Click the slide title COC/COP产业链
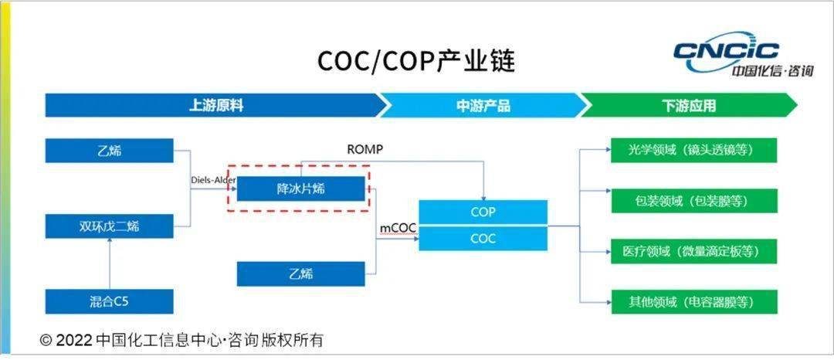[x=415, y=61]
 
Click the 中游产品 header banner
[x=483, y=106]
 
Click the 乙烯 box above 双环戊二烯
[x=109, y=151]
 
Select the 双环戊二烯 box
[x=109, y=226]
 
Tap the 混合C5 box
[x=109, y=301]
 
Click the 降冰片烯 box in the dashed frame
[x=300, y=188]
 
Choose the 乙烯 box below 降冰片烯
[x=300, y=273]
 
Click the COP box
[x=483, y=212]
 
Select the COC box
[x=483, y=239]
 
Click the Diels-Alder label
[x=213, y=180]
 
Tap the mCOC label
[x=397, y=229]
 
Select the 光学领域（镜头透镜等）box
[x=693, y=151]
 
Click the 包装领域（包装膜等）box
[x=693, y=201]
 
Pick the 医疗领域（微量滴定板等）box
[x=693, y=251]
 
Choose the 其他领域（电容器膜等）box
[x=693, y=301]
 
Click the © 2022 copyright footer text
[x=181, y=340]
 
